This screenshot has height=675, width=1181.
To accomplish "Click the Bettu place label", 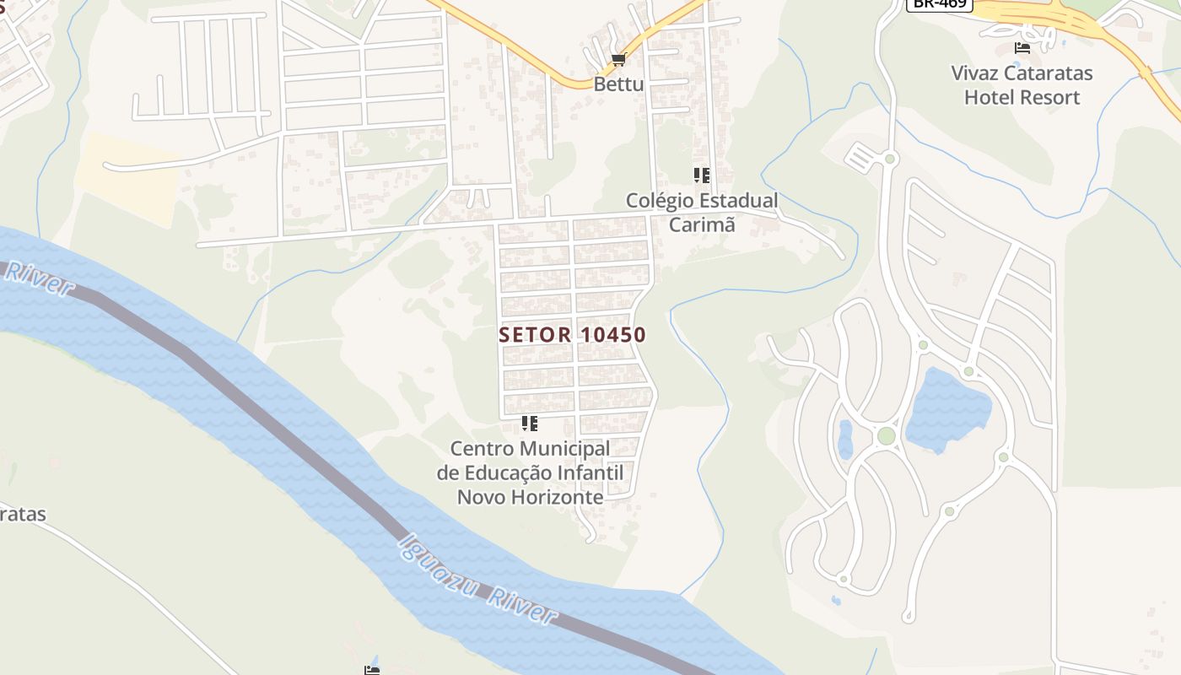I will click(618, 84).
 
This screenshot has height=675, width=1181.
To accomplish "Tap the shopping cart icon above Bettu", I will click(619, 59).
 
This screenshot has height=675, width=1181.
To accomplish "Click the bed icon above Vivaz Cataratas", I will click(1022, 48).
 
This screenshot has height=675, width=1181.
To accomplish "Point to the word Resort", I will click(1046, 97).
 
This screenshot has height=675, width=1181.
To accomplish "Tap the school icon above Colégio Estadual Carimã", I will click(701, 175).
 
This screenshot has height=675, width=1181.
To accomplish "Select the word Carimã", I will click(702, 224).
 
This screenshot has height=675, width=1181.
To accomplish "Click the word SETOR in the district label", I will click(535, 335).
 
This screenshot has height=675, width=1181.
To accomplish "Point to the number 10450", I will click(612, 335).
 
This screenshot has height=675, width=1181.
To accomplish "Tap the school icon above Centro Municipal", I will click(529, 423).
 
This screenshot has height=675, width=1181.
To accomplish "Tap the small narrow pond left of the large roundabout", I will click(845, 439).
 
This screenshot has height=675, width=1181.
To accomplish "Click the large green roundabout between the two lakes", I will click(886, 435).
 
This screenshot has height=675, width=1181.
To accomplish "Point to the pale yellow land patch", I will click(127, 177).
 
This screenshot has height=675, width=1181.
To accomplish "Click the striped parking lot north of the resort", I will click(861, 157).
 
